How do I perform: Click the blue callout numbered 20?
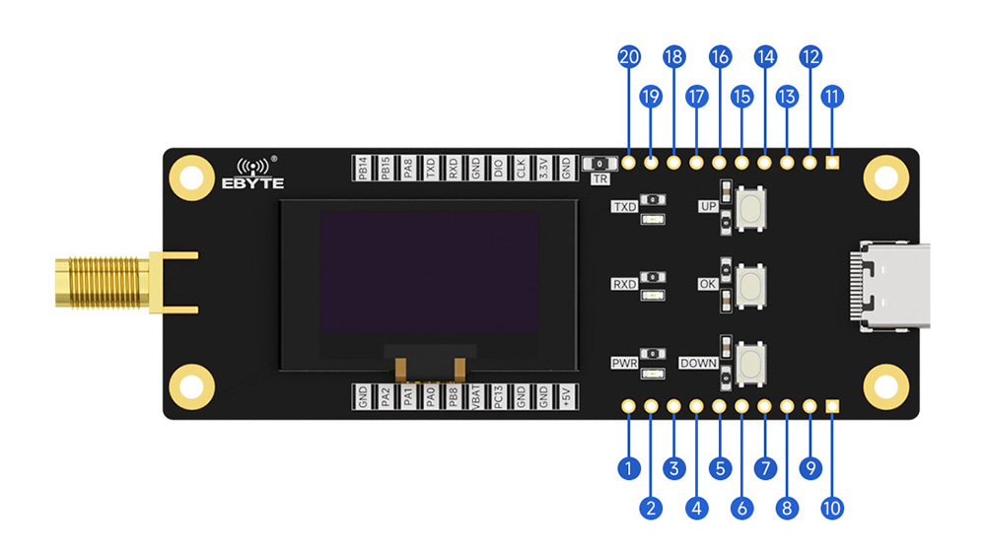628,56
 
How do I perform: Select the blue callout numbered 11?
832,97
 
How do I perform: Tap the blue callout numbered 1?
628,469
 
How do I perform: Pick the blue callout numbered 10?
832,509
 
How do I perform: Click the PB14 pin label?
363,168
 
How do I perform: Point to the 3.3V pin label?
543,168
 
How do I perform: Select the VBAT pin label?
476,396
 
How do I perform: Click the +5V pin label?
566,396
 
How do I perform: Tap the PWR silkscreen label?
624,364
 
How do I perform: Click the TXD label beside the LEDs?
624,207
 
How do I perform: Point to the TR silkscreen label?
599,179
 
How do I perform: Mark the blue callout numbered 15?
741,97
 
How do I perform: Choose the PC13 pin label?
499,396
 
